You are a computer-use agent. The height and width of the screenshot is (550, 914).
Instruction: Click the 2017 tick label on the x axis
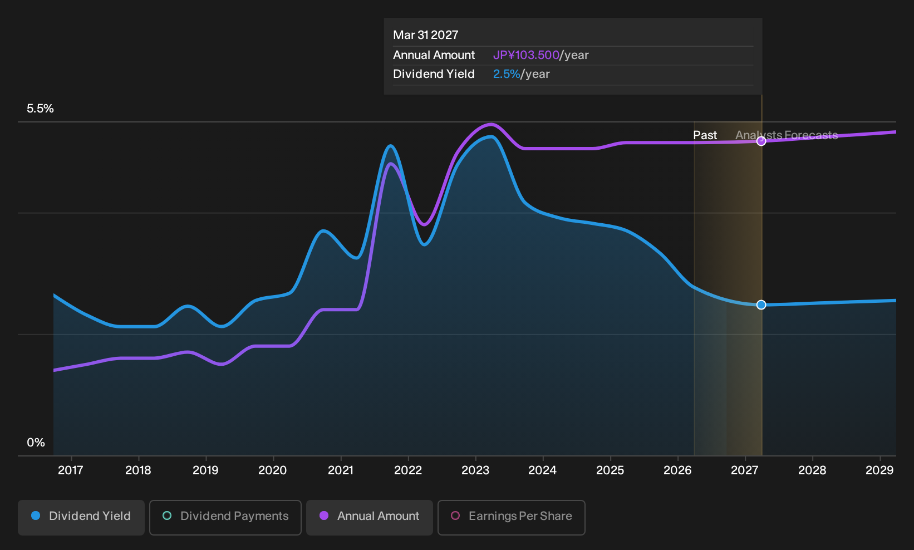pos(71,470)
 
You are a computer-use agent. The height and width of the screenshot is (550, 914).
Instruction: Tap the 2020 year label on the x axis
pos(273,470)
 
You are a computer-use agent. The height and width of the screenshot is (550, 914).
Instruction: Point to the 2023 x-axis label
pos(475,470)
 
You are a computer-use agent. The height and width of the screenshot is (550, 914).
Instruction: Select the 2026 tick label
pos(677,470)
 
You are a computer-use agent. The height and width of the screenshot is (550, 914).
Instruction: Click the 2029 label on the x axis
pos(879,470)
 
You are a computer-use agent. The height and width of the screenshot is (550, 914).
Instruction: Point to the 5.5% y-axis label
pos(40,109)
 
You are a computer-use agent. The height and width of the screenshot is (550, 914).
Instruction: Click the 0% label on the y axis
pos(36,443)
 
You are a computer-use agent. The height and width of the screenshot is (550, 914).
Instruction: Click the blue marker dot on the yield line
pos(761,305)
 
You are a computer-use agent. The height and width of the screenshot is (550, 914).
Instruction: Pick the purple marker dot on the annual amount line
pos(761,141)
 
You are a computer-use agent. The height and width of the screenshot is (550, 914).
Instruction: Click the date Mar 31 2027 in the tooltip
pos(426,35)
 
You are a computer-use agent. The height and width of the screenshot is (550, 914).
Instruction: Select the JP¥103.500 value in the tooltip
pos(526,55)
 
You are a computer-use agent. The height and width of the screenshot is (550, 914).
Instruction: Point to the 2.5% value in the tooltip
pos(507,74)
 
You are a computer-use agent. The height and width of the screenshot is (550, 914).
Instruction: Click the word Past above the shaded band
pos(705,135)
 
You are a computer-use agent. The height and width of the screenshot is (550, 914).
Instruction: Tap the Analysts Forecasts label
pos(787,135)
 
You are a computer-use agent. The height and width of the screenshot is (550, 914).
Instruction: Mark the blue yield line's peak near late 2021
pos(391,146)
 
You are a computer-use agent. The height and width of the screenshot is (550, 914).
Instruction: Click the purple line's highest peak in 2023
pos(491,124)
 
